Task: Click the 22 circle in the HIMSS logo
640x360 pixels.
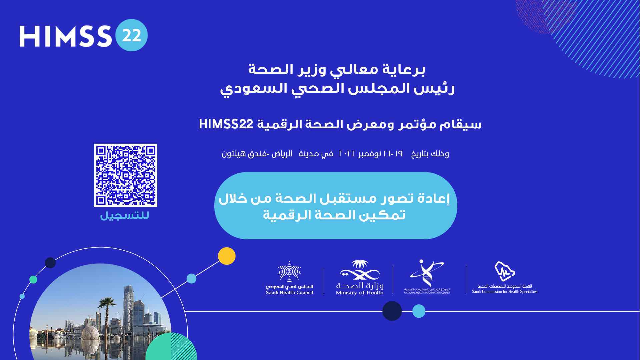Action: tap(132, 35)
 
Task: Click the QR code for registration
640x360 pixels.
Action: tap(126, 175)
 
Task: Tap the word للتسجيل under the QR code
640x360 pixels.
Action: tap(125, 215)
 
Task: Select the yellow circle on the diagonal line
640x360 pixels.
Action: tap(227, 256)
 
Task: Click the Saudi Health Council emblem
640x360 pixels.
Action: tap(289, 272)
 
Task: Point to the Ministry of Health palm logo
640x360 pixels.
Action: tap(360, 270)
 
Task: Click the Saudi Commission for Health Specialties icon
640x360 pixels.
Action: tap(505, 271)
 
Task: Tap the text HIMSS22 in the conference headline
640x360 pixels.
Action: tap(226, 124)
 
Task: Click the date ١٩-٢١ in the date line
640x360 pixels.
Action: tap(393, 154)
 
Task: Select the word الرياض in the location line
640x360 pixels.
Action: tap(282, 154)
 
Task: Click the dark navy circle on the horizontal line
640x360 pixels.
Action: tap(392, 311)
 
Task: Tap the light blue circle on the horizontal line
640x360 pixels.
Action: tap(419, 311)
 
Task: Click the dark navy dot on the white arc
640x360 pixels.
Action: tap(50, 263)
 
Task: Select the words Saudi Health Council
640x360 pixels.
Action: tap(289, 293)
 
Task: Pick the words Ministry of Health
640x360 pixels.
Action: tap(360, 293)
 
